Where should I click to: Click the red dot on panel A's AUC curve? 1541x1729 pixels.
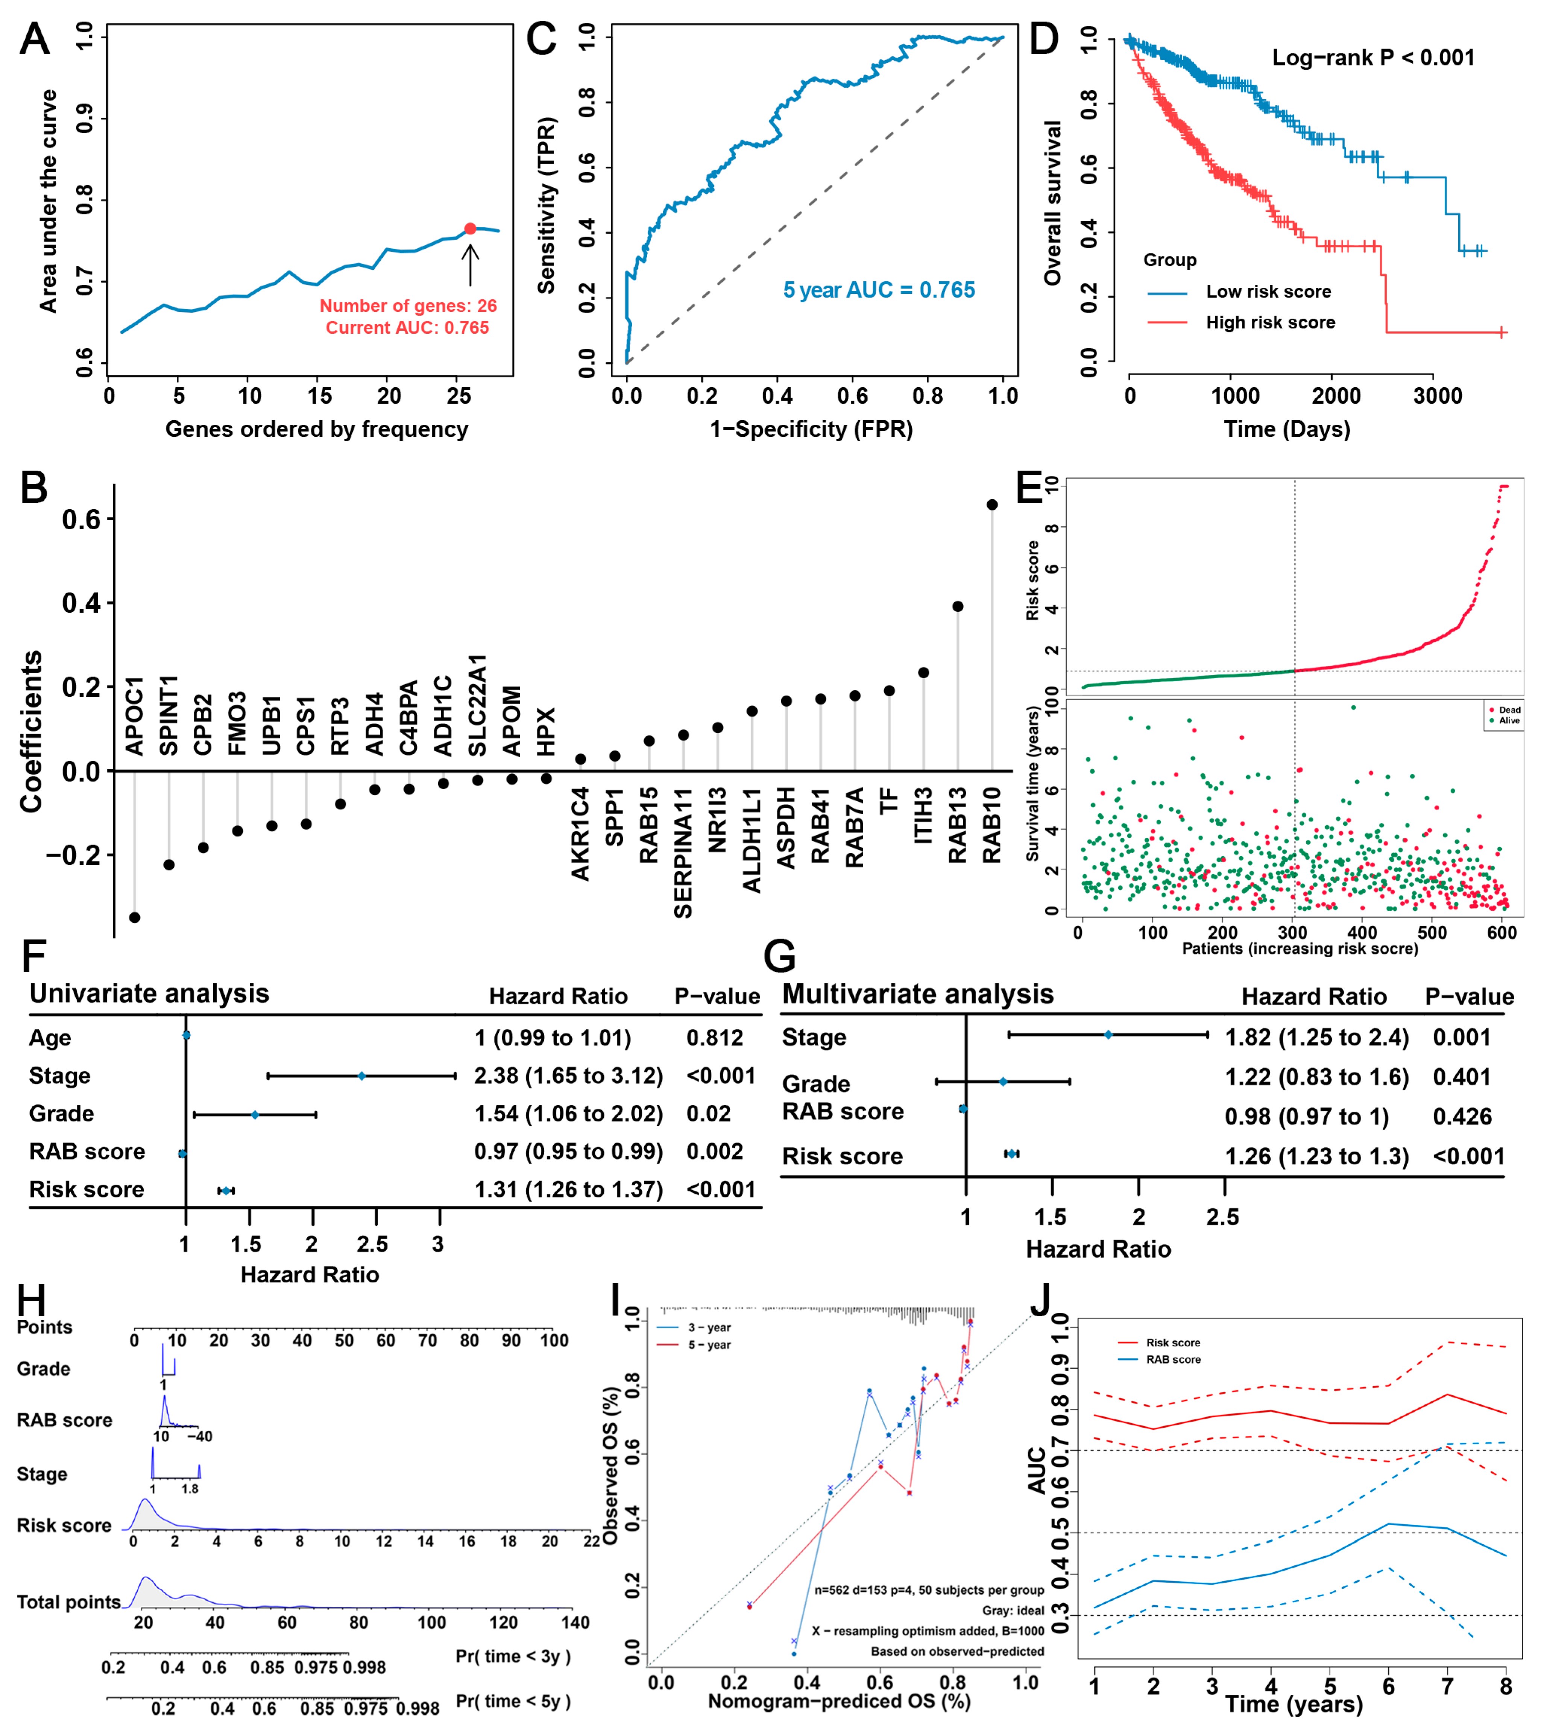tap(470, 229)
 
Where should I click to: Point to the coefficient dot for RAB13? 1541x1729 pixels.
tap(958, 606)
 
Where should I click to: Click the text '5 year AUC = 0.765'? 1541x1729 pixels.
tap(879, 290)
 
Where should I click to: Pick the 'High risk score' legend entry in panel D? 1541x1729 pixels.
tap(1270, 323)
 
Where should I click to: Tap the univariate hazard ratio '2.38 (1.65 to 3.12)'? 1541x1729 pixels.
tap(568, 1076)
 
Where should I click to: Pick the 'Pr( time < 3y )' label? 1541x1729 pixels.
tap(513, 1656)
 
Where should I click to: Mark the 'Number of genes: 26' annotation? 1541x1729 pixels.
tap(408, 306)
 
